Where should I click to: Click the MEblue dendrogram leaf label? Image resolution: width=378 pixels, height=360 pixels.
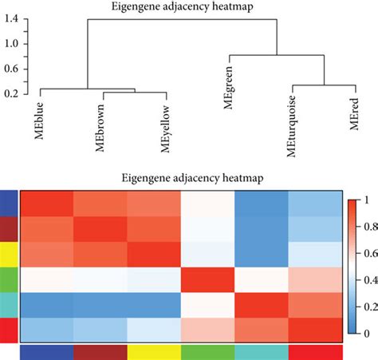38,119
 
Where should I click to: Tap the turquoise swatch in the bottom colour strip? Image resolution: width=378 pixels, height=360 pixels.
262,352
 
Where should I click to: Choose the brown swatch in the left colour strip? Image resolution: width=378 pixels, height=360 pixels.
6,230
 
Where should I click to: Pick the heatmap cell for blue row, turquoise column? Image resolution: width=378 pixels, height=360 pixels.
262,205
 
